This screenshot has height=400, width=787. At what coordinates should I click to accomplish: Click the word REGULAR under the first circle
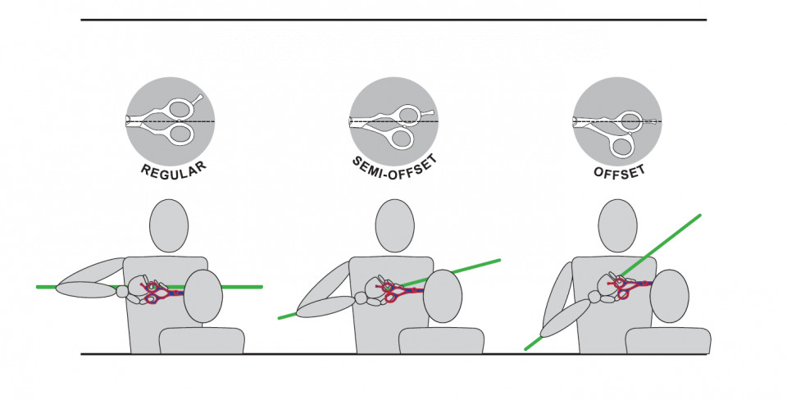[x=174, y=169]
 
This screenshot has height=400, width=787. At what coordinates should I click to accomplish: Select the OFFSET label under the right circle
[x=620, y=172]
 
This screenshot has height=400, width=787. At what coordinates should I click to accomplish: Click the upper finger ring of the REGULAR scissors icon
[x=180, y=108]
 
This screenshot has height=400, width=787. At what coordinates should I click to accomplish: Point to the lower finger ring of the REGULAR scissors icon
[x=180, y=134]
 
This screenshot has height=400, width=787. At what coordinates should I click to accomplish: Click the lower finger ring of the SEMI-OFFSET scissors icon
[x=402, y=138]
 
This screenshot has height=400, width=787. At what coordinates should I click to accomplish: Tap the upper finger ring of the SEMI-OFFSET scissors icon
[x=407, y=115]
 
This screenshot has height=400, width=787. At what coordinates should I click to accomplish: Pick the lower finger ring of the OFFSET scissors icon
[x=622, y=146]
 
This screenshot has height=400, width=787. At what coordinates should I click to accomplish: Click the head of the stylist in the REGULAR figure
[x=169, y=226]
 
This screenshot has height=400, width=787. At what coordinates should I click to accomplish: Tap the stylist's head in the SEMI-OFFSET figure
[x=395, y=226]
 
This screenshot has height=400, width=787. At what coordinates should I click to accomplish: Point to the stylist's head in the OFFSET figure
[x=618, y=226]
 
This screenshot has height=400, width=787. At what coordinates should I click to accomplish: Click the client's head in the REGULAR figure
[x=203, y=296]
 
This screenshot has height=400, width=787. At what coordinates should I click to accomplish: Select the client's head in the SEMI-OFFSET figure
[x=443, y=296]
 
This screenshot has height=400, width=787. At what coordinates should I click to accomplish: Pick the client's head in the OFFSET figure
[x=670, y=296]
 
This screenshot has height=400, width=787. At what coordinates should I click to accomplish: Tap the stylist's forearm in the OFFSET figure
[x=565, y=319]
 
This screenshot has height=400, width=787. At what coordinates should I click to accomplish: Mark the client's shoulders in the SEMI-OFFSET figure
[x=442, y=340]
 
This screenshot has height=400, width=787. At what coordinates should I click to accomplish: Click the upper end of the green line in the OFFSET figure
[x=699, y=216]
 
